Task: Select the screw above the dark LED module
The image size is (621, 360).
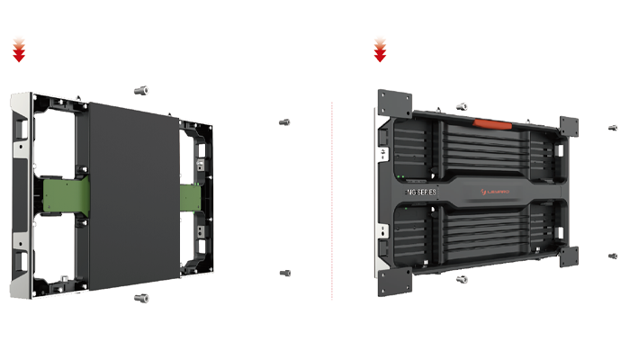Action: coord(139,90)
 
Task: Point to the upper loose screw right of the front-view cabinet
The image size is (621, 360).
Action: coord(285,122)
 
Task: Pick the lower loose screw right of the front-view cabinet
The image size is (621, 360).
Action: coord(285,273)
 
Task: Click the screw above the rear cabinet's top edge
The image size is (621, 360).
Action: coord(462,106)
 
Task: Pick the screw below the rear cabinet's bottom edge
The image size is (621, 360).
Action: coord(462,279)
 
